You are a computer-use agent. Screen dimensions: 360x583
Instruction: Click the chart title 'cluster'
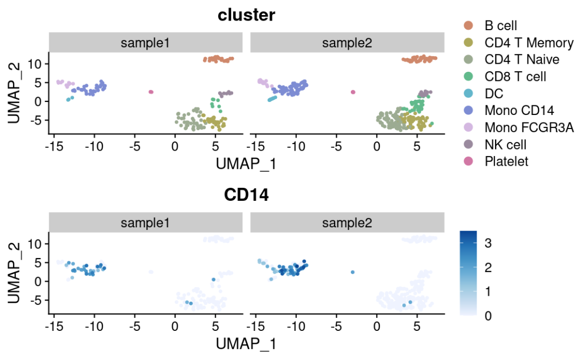click(246, 15)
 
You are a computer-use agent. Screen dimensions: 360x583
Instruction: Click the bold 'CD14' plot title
click(246, 195)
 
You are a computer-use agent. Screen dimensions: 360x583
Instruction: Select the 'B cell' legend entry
click(500, 25)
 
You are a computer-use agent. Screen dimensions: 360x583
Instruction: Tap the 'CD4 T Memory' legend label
click(529, 42)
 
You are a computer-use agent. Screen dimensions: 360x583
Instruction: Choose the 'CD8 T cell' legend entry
click(515, 76)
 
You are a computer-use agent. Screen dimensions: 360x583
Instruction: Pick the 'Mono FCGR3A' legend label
click(529, 127)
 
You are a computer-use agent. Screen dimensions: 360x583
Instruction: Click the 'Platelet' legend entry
click(506, 161)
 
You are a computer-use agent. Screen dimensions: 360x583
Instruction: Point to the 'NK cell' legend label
click(505, 144)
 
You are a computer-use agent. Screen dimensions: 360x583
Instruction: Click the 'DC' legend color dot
click(468, 93)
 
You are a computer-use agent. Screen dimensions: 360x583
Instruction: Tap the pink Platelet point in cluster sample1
click(151, 92)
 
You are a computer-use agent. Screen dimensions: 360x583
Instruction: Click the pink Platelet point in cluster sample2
click(353, 92)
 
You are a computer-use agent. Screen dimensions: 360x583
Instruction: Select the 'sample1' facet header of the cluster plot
click(145, 43)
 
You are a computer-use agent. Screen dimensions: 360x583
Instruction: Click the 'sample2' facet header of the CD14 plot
click(347, 223)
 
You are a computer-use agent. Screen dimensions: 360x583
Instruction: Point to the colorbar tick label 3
click(487, 243)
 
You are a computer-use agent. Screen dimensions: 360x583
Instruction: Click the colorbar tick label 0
click(487, 316)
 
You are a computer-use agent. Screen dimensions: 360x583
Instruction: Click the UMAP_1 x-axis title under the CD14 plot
click(246, 343)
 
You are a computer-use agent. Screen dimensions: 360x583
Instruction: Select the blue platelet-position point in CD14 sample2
click(352, 272)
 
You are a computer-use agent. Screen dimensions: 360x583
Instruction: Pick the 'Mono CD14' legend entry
click(519, 110)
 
